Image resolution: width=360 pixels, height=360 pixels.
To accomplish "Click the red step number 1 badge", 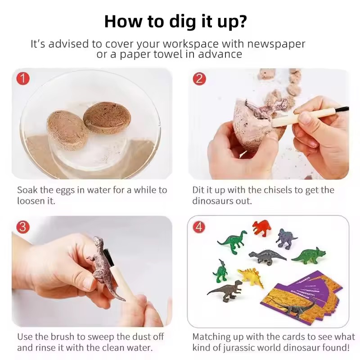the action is [23, 78].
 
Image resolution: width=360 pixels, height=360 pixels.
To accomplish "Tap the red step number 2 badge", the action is [199, 79].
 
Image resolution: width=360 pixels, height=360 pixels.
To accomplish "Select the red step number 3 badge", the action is [23, 227].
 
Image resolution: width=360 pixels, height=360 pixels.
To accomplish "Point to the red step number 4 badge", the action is [199, 227].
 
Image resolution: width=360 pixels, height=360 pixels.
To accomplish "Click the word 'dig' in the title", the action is [183, 22].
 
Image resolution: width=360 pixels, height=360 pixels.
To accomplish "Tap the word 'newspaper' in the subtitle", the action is [276, 44].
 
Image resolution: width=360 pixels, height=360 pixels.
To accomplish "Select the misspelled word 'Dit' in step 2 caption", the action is [198, 190].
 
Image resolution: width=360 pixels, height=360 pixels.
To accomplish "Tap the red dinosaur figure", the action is [262, 228].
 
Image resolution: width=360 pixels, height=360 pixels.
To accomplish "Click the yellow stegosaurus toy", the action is [251, 277].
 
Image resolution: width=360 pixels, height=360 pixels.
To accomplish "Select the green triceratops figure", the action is [309, 256].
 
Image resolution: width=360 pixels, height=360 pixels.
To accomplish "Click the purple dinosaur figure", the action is [286, 239].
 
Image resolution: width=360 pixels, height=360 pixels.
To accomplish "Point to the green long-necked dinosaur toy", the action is [233, 242].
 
